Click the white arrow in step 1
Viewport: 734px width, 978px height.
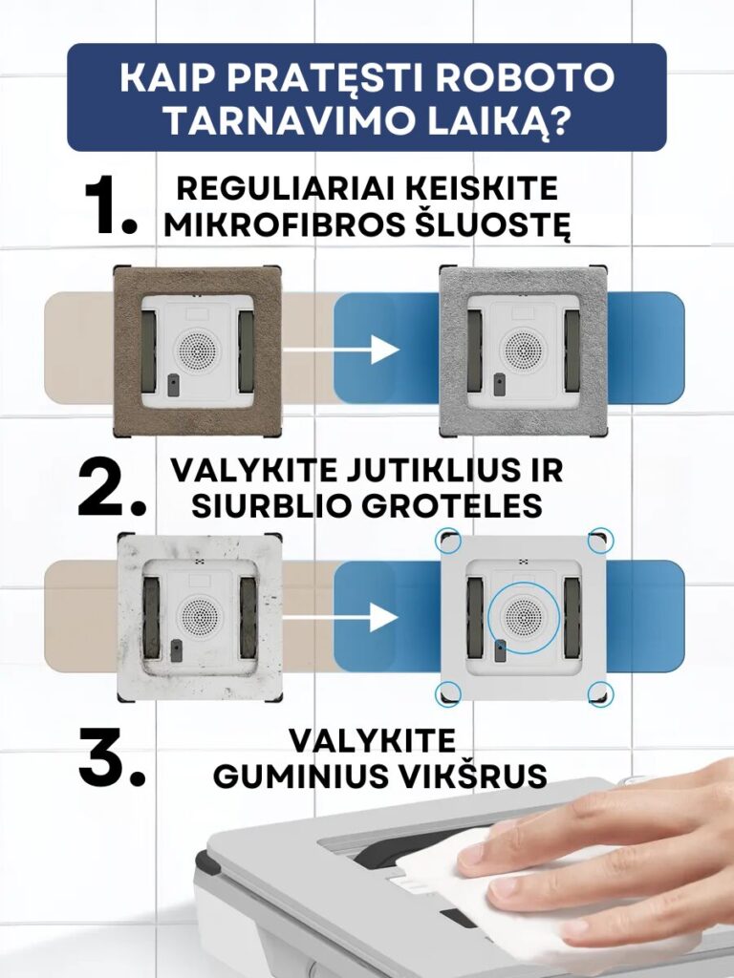pos(341,349)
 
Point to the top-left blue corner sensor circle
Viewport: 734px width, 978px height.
pos(449,541)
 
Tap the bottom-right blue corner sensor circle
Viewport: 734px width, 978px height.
pos(600,693)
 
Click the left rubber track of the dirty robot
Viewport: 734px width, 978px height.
pos(151,617)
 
